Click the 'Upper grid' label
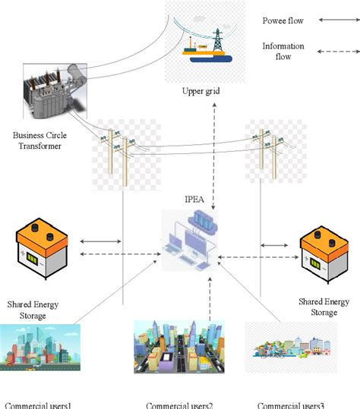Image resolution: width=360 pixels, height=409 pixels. tap(201, 92)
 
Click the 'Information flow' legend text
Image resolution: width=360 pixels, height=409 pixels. tap(283, 51)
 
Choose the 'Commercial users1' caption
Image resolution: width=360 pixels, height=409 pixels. tap(38, 404)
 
